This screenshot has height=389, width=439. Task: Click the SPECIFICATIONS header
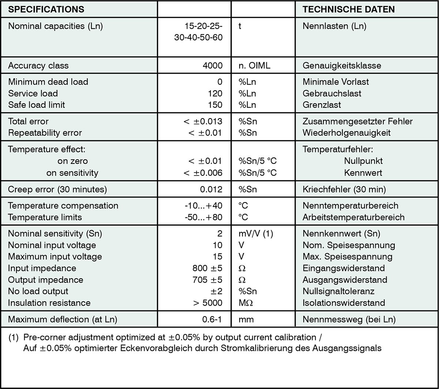(x=46, y=9)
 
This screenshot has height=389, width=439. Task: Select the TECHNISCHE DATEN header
(x=349, y=9)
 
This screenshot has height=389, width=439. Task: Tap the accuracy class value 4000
(x=213, y=66)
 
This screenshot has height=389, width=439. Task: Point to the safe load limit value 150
(x=215, y=105)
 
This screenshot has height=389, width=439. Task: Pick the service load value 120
(x=215, y=93)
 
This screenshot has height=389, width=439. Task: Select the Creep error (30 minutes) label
(x=57, y=189)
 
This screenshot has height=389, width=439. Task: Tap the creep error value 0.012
(x=212, y=189)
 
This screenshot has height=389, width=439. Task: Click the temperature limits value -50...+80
(x=204, y=217)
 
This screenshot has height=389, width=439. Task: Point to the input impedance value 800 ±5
(x=205, y=268)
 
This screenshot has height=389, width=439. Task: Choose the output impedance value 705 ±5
(x=205, y=280)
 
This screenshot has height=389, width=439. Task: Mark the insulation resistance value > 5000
(x=206, y=303)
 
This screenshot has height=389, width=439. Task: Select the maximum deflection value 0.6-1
(x=212, y=320)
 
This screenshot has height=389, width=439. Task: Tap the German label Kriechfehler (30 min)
(x=344, y=189)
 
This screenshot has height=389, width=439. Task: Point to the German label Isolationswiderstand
(x=344, y=303)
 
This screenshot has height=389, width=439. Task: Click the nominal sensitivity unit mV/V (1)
(x=256, y=233)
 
